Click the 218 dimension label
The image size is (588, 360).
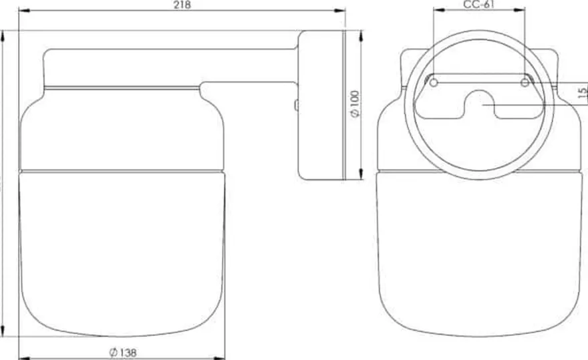182,4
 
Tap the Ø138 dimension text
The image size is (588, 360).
123,353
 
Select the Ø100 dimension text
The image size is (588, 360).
355,104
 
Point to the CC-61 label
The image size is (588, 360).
479,4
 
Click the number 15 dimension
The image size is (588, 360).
583,92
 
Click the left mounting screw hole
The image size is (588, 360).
434,82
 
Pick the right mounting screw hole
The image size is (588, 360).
525,82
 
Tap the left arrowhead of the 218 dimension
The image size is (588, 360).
24,11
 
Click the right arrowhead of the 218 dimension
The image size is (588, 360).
340,11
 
